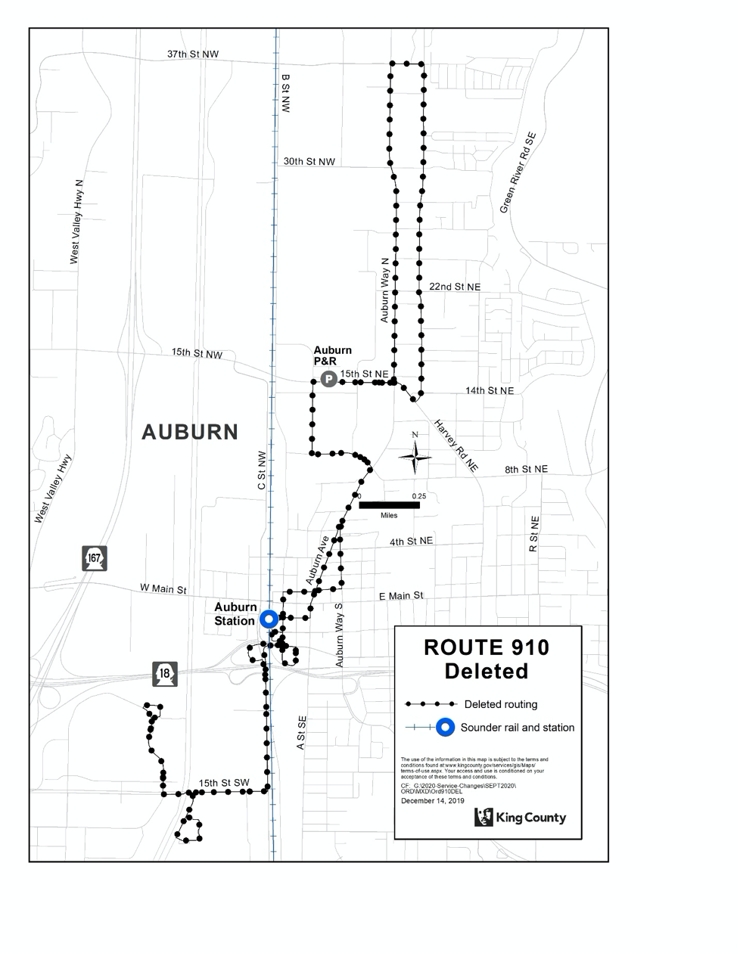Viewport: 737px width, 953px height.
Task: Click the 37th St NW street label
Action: (193, 54)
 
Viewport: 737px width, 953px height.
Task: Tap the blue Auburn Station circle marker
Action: (269, 619)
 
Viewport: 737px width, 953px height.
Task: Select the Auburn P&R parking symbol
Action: (328, 380)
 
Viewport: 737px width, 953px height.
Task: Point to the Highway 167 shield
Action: (95, 558)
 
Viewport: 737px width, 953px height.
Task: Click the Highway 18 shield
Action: (166, 673)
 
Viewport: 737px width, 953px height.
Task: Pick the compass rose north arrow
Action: (415, 455)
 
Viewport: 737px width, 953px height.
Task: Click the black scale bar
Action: (389, 504)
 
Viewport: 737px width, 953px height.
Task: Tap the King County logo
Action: (521, 817)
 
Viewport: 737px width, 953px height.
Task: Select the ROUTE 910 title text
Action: (487, 647)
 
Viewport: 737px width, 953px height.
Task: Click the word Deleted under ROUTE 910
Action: (487, 671)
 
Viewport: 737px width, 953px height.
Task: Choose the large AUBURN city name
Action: (190, 432)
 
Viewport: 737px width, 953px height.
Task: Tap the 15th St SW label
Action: (224, 783)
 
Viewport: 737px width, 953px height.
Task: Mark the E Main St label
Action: (401, 596)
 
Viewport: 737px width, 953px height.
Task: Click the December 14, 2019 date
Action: (433, 800)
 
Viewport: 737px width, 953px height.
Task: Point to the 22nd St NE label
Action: (455, 287)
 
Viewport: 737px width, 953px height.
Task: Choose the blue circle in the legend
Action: (446, 728)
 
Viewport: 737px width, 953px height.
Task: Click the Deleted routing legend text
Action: (501, 704)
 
